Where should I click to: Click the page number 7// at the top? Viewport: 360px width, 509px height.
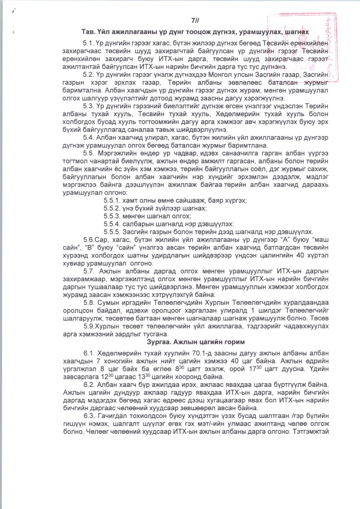pyautogui.click(x=195, y=21)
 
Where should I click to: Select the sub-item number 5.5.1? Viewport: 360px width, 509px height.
pyautogui.click(x=112, y=200)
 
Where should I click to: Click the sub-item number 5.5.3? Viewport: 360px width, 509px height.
pyautogui.click(x=112, y=216)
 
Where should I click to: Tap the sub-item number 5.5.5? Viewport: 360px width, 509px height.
pyautogui.click(x=112, y=232)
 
